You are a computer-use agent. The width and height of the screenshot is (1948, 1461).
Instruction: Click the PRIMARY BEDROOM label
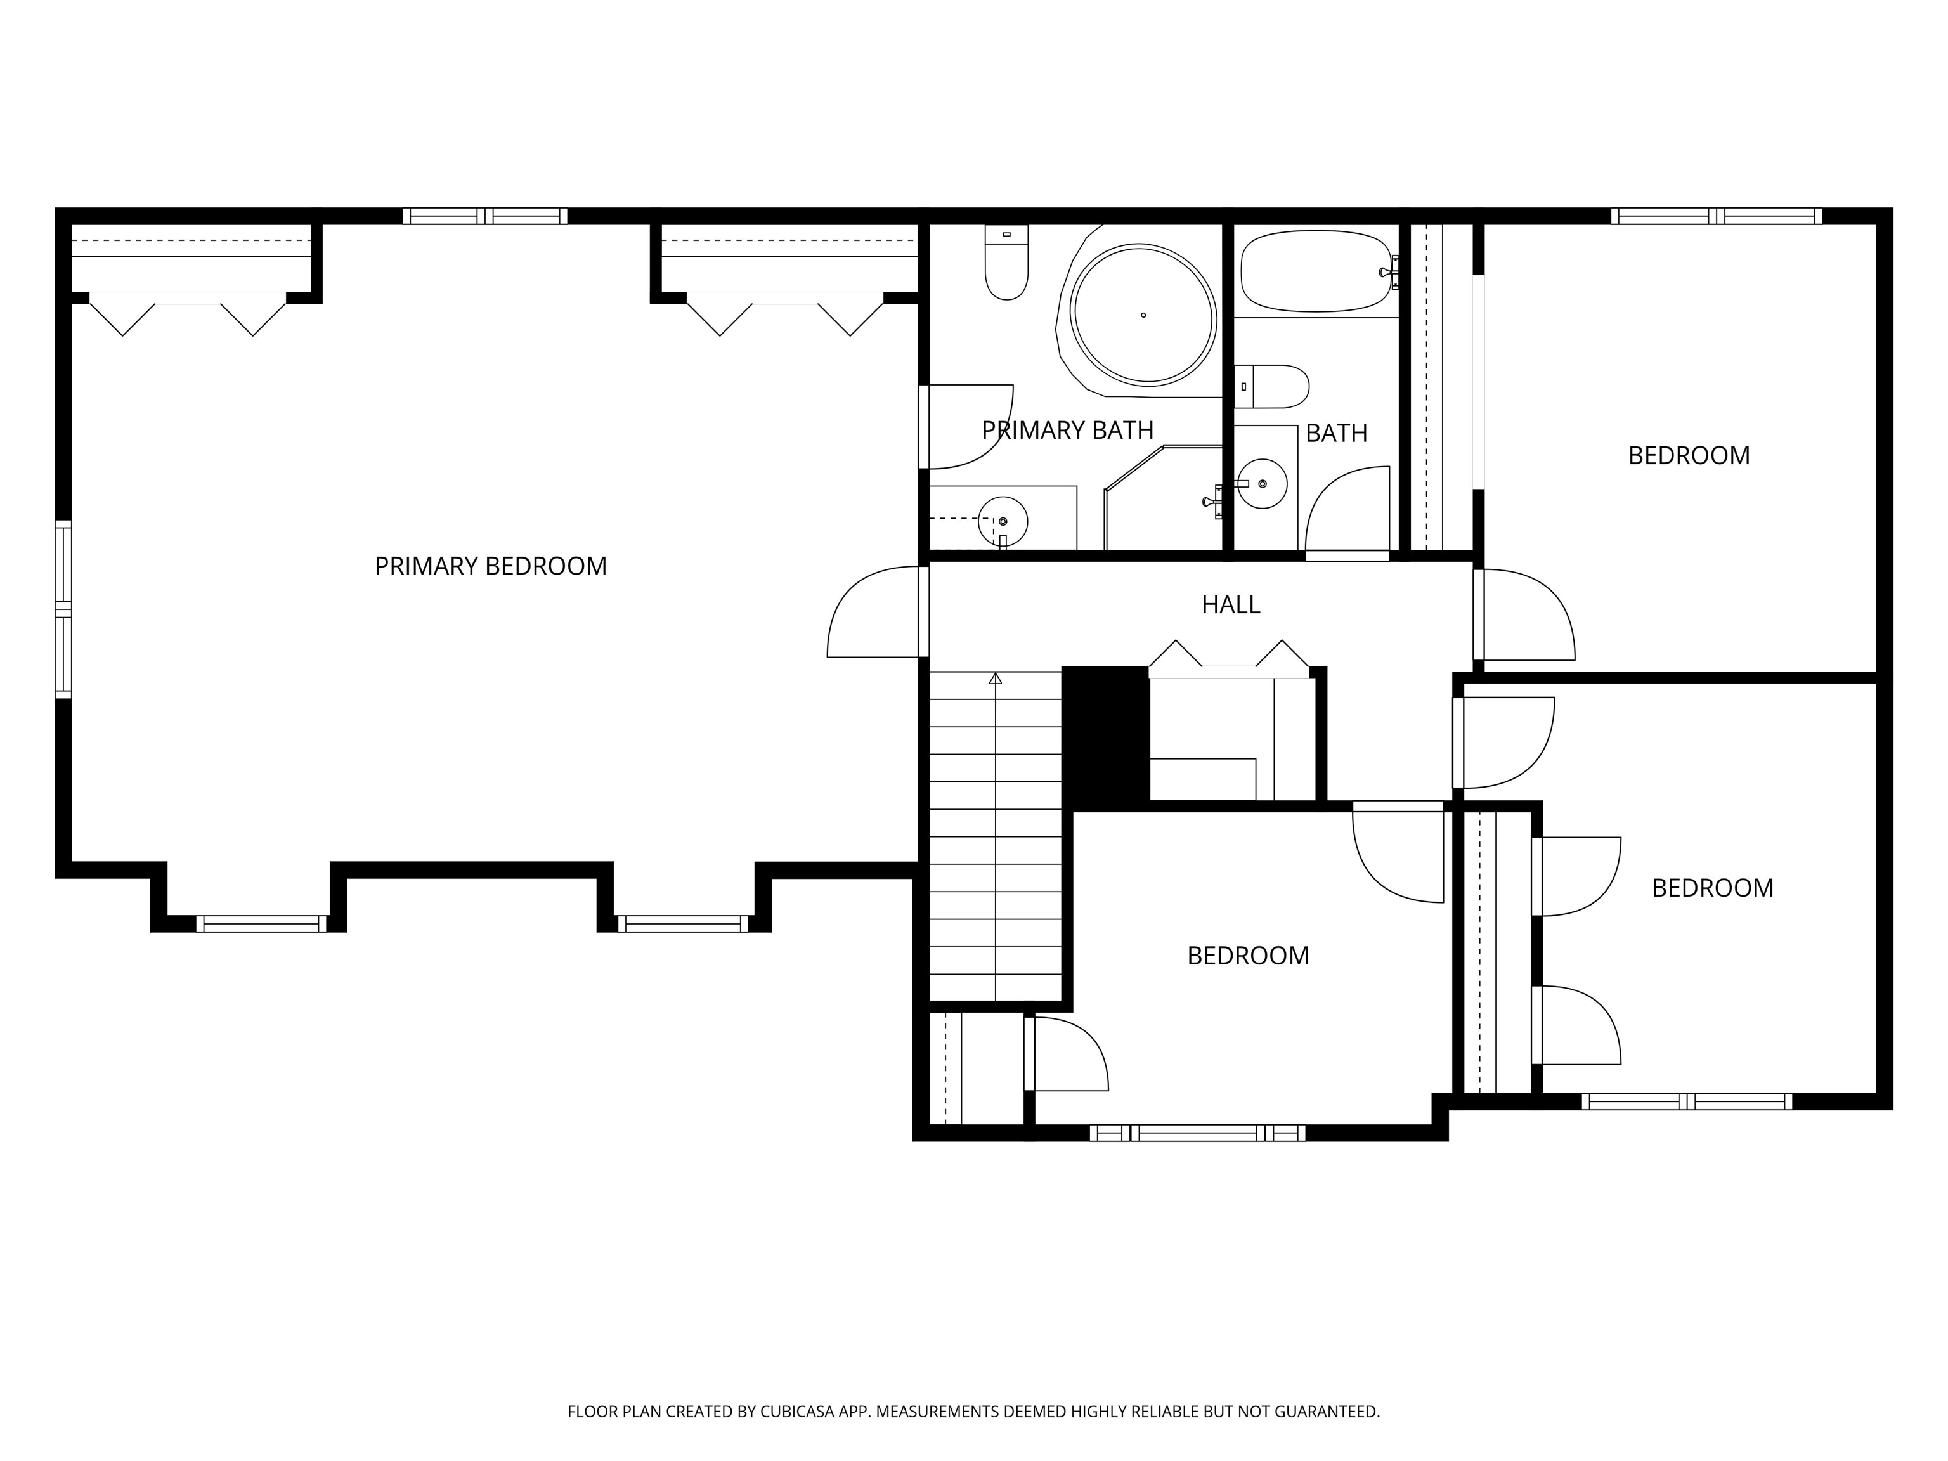[x=491, y=566]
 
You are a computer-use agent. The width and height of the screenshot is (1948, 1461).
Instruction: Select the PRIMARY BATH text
[x=1067, y=431]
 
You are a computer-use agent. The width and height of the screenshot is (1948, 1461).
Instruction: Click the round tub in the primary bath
[x=1143, y=315]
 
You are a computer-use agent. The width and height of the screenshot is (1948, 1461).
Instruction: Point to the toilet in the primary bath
[x=1006, y=263]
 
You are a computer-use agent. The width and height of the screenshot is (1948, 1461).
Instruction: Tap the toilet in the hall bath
[x=1271, y=387]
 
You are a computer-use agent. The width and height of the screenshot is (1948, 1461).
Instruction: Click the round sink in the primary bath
[x=1003, y=521]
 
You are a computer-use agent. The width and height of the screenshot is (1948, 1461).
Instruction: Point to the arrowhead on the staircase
[x=995, y=678]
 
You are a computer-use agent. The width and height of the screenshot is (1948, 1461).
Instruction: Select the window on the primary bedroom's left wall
[x=63, y=609]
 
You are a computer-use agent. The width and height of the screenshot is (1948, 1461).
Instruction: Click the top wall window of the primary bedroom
[x=485, y=216]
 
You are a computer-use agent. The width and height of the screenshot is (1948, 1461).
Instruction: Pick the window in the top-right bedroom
[x=1717, y=216]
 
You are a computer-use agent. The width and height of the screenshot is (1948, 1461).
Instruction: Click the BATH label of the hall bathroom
[x=1336, y=433]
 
